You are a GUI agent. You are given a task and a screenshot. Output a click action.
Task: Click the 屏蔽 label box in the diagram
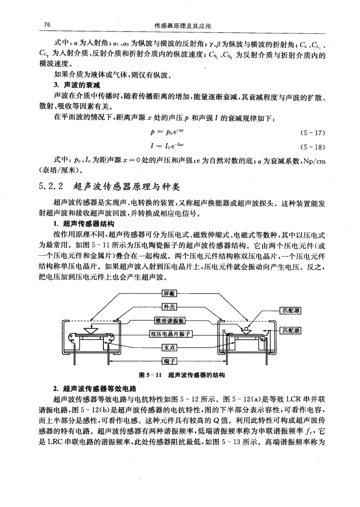click(x=169, y=293)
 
